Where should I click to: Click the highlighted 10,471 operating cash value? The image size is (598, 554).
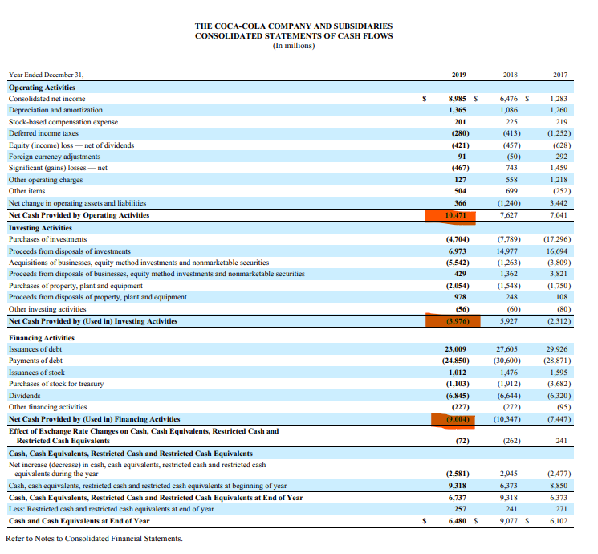click(452, 215)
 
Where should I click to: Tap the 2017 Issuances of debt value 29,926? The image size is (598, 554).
click(556, 349)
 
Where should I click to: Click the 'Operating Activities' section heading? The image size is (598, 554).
click(42, 87)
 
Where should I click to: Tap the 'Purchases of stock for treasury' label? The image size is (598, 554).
click(56, 384)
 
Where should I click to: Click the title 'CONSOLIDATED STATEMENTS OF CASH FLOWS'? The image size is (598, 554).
click(294, 36)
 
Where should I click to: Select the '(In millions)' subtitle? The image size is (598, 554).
click(294, 46)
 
